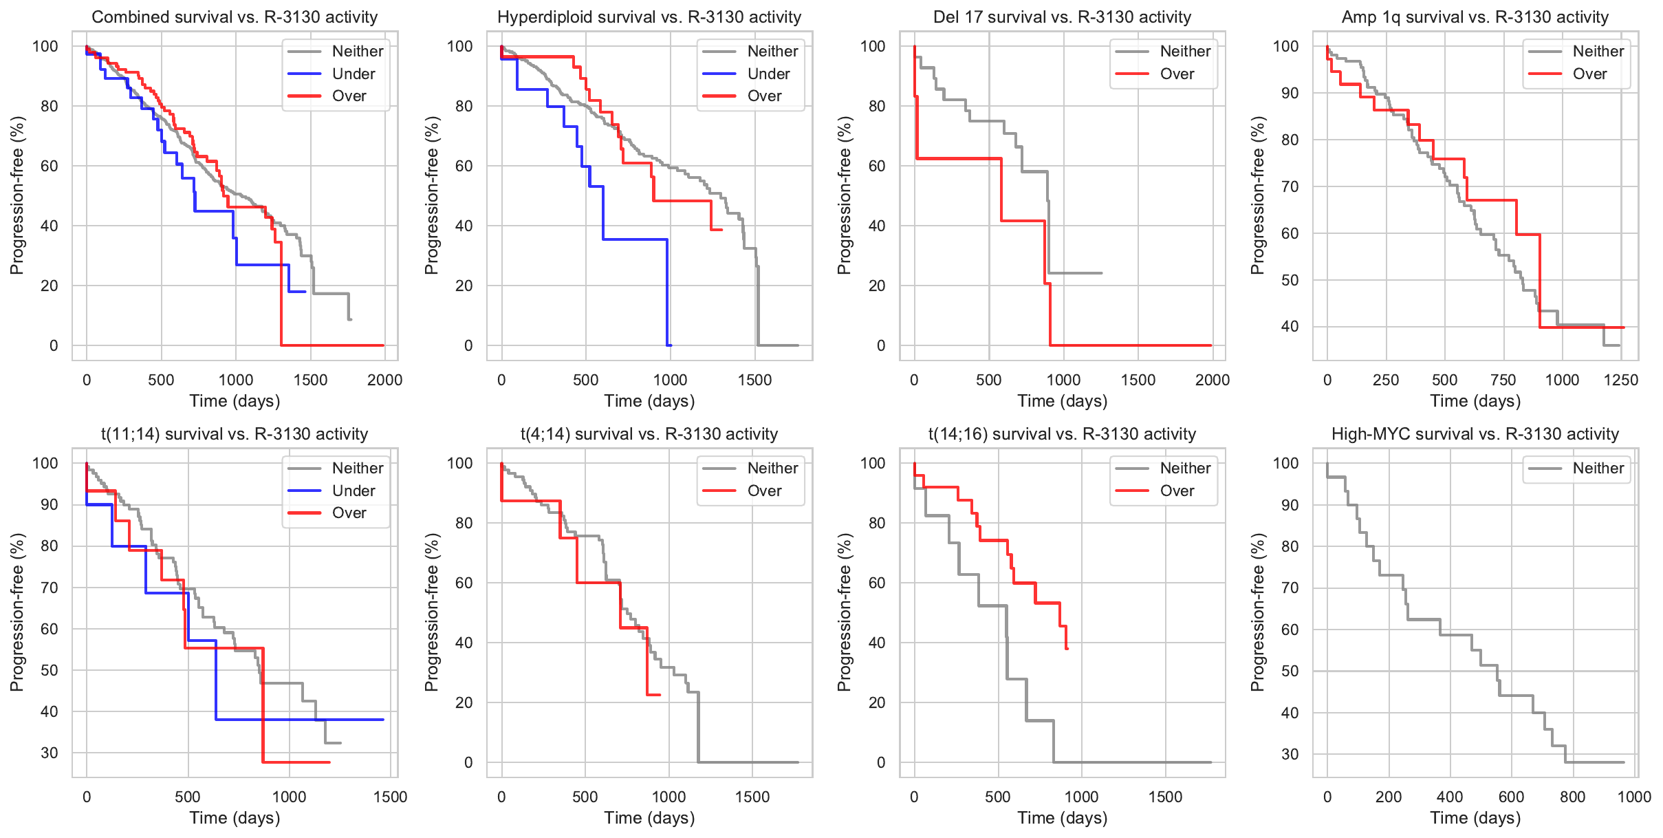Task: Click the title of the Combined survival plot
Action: tap(235, 17)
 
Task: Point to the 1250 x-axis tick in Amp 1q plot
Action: tap(1621, 380)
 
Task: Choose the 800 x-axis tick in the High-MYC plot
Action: tap(1572, 797)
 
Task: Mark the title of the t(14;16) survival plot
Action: tap(1062, 434)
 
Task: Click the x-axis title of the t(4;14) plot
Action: tap(649, 818)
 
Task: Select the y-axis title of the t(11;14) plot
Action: tap(17, 612)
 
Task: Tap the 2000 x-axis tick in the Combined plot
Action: tap(384, 380)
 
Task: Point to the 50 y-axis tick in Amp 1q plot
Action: tap(1290, 280)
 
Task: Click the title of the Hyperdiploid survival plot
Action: tap(649, 17)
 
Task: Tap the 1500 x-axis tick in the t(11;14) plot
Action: tap(390, 797)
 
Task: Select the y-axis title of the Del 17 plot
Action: tap(844, 195)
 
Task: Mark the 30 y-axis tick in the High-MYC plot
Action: tap(1290, 754)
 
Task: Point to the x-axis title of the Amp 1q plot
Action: tap(1475, 401)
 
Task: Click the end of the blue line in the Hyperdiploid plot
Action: tap(670, 345)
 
